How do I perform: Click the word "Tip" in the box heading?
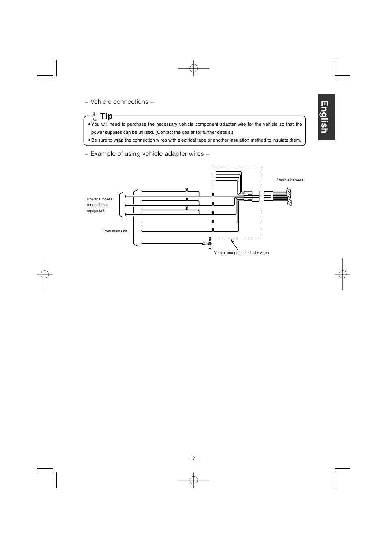click(106, 116)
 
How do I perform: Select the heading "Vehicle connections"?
click(119, 102)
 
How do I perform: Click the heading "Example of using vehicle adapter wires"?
click(147, 154)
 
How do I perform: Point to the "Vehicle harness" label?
click(290, 180)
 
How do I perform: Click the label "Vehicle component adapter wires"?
click(241, 253)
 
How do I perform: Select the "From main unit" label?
click(115, 231)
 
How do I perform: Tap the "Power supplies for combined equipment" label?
click(99, 205)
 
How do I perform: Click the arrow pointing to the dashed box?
click(234, 245)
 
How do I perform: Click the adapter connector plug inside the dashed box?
click(255, 196)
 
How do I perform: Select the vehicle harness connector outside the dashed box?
click(269, 196)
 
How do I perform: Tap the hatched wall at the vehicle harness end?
click(289, 196)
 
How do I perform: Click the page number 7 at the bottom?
click(193, 458)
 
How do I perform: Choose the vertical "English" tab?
click(327, 117)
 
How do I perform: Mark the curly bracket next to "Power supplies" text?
click(120, 204)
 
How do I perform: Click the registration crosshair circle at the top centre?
click(193, 69)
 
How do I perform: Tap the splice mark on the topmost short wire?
click(187, 190)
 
